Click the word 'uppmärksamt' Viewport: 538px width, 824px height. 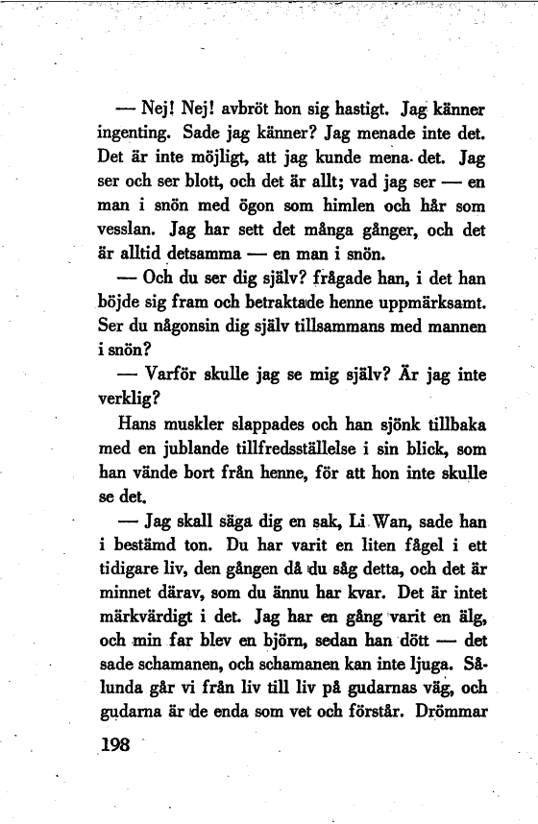tap(434, 305)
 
